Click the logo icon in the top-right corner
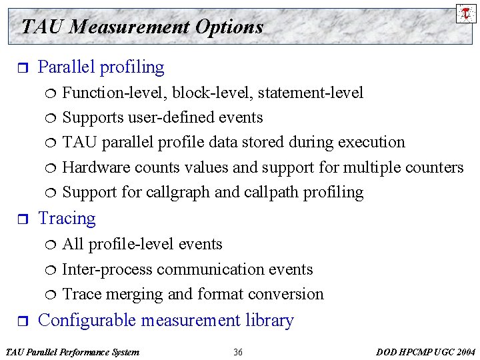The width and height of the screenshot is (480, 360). click(x=466, y=13)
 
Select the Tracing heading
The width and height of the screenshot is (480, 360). click(x=67, y=219)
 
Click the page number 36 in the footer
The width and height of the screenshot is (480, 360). click(x=238, y=351)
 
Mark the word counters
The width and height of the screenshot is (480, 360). click(x=431, y=167)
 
